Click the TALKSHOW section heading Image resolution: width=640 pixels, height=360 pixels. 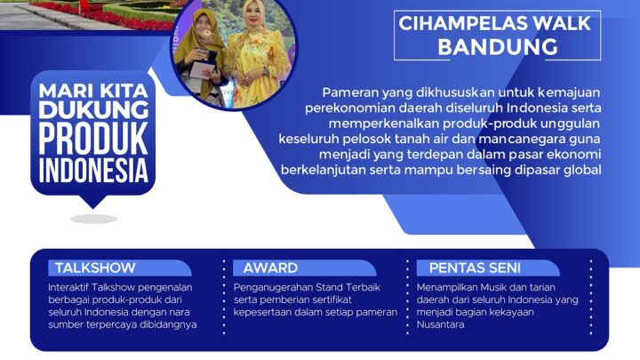point(95,268)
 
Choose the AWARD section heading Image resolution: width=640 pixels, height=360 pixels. point(270,268)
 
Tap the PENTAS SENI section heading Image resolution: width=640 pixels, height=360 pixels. point(475,268)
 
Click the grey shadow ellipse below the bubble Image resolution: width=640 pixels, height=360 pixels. point(94,218)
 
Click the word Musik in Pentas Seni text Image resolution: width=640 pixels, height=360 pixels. point(488,287)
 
